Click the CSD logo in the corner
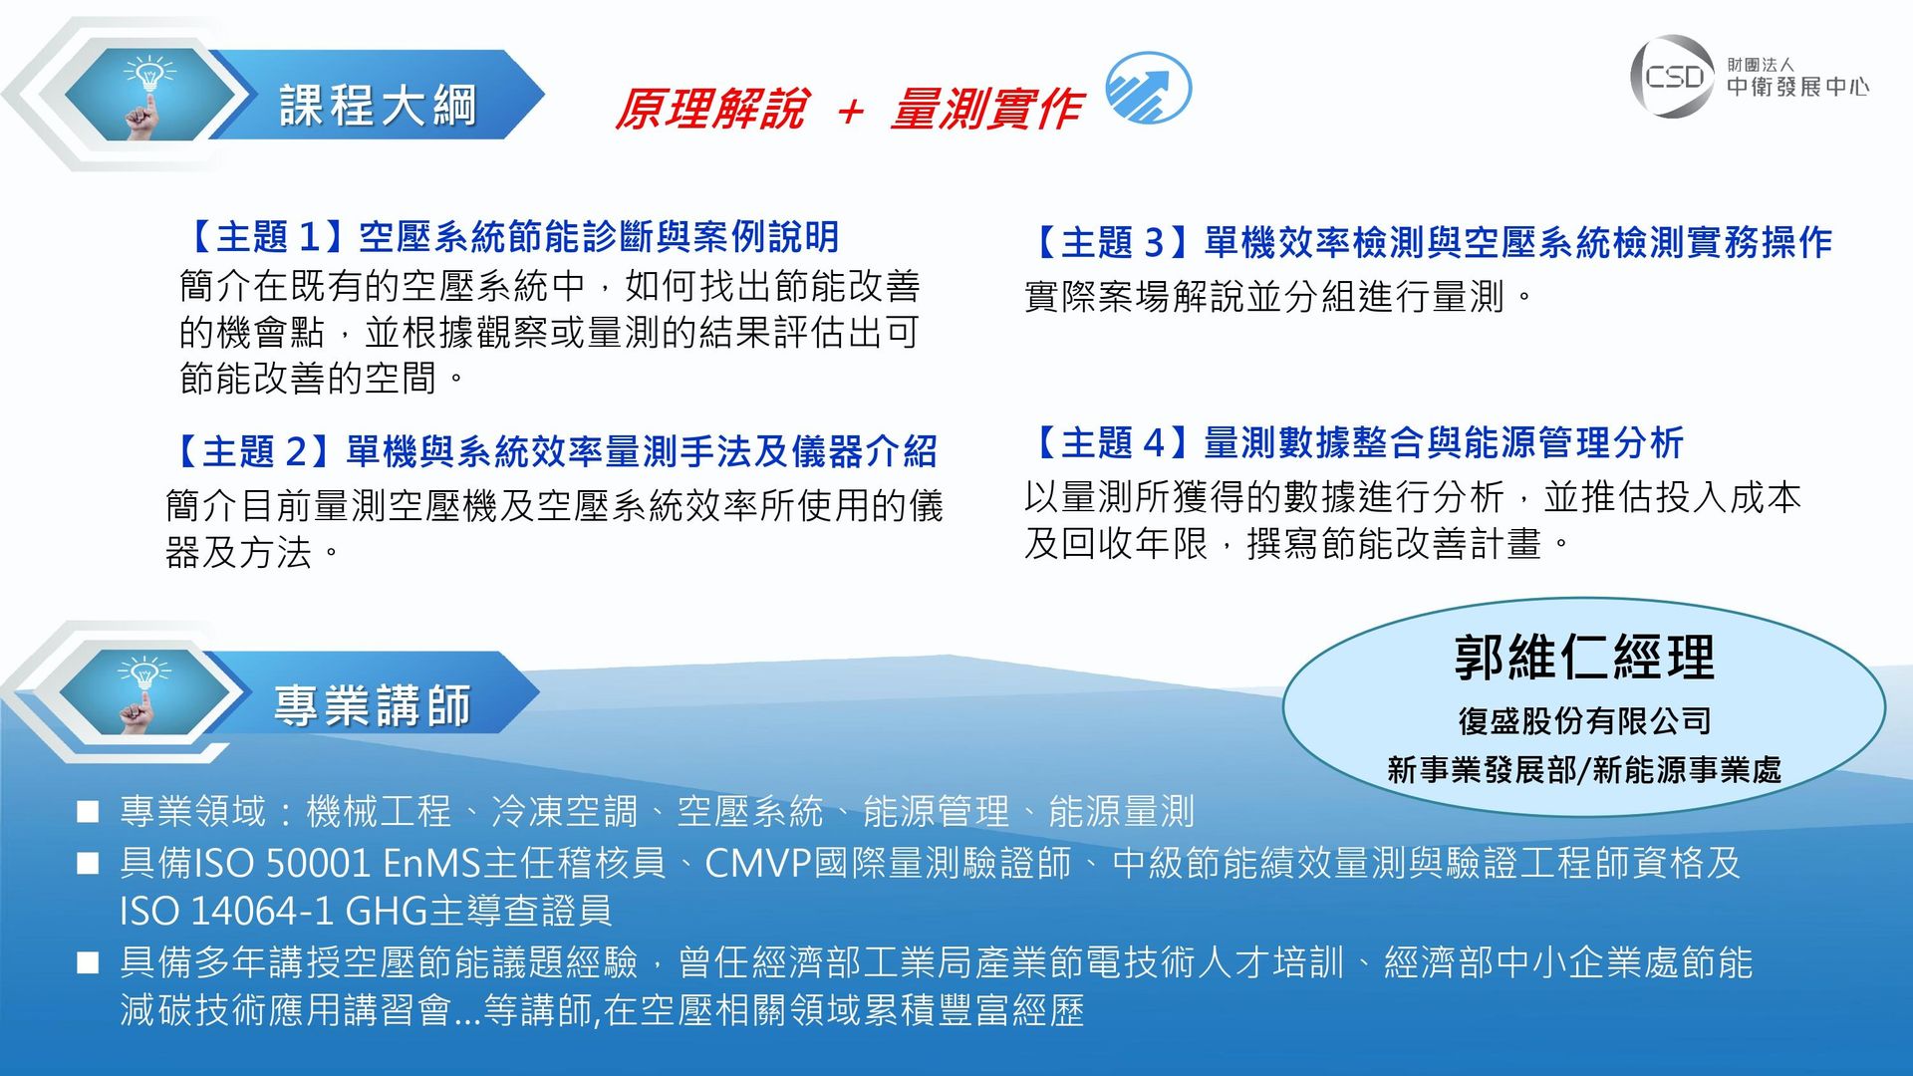coord(1673,76)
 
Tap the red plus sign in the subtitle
coord(850,111)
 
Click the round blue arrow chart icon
coord(1149,88)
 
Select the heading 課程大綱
coord(379,106)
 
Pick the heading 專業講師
coord(373,705)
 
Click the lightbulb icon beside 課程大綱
coord(147,94)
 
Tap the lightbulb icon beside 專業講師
coord(143,693)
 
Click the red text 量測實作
coord(986,109)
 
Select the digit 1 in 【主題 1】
coord(309,237)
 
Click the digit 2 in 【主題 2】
coord(296,452)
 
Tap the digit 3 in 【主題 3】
coord(1154,242)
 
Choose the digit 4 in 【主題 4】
coord(1154,442)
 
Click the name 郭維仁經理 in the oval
coord(1584,658)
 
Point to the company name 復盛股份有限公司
coord(1584,720)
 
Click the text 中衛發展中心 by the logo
coord(1797,87)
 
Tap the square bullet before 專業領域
coord(88,812)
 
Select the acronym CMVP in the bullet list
coord(759,863)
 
